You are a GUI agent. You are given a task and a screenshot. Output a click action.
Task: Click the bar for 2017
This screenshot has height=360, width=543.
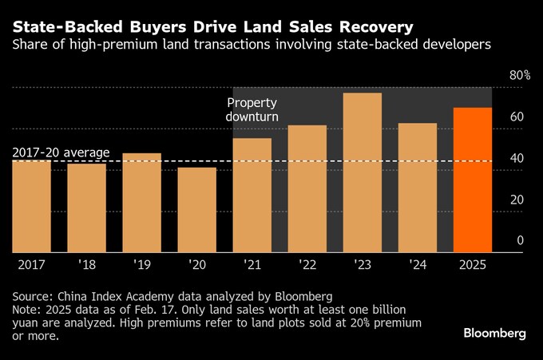pos(32,205)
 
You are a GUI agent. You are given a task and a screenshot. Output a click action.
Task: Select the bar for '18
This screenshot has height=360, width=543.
pos(87,207)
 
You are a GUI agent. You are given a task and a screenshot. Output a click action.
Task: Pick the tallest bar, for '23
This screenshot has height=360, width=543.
pos(363,172)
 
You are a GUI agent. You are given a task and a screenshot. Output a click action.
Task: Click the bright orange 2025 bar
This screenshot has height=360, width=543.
pos(472,179)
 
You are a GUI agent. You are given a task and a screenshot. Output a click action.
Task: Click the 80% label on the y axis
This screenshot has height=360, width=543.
pos(520,76)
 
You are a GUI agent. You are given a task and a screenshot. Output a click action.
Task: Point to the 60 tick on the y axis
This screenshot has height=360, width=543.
pos(517,117)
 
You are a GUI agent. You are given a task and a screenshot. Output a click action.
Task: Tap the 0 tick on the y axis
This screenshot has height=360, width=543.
pos(520,241)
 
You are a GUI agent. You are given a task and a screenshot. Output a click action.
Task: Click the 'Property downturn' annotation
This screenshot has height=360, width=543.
pos(252,110)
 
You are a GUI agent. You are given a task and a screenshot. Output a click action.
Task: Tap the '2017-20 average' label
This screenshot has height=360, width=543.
pos(61,152)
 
